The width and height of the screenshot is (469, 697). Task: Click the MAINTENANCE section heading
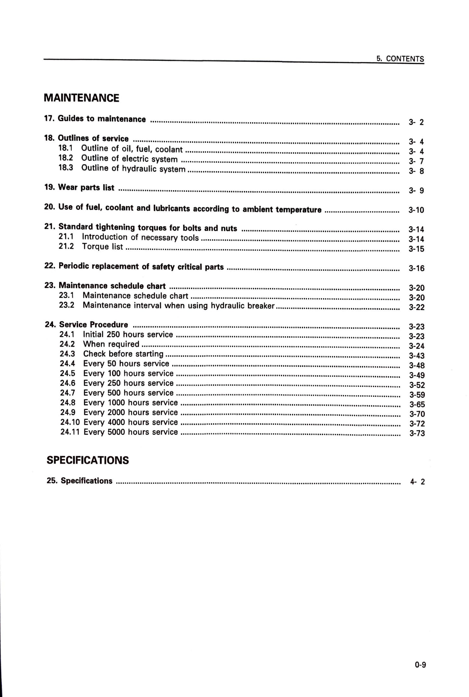coord(81,98)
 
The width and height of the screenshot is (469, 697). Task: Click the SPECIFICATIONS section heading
coord(88,460)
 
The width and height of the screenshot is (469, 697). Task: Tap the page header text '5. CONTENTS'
coord(400,59)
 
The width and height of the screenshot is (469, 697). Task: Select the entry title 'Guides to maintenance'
coord(102,119)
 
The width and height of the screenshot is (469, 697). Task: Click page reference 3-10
coord(416,210)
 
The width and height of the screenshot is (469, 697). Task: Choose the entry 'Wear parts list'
coord(86,188)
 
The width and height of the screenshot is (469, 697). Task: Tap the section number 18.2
coord(66,158)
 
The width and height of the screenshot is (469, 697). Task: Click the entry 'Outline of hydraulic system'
coord(133,168)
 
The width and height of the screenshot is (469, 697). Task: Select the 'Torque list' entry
coord(103,247)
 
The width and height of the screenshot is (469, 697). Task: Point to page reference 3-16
coord(416,268)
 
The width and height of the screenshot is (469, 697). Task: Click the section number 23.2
coord(67,305)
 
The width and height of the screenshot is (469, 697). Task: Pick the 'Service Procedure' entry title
coord(94,325)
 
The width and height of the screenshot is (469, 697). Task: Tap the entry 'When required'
coord(111,344)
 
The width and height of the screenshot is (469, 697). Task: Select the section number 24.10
coord(70,422)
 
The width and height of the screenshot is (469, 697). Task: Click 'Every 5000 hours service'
coord(130,432)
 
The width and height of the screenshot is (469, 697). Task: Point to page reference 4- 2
coord(417,482)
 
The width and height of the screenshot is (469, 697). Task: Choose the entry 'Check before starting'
coord(123,354)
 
